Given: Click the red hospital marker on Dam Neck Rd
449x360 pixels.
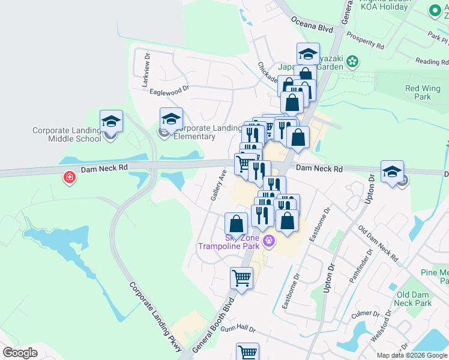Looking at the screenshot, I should coord(70,177).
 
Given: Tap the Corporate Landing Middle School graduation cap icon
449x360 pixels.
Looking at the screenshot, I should coord(112,121).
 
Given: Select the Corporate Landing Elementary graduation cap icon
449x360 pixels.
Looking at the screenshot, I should coord(171,118).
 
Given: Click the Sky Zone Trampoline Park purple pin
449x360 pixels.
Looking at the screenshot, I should coord(268,241).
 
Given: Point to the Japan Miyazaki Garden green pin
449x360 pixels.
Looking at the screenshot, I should coord(353,61).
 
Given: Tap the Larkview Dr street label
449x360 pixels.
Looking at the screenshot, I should coord(146,69).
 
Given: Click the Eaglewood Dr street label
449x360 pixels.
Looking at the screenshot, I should coord(169,89).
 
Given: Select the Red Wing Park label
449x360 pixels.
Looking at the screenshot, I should coord(423,92).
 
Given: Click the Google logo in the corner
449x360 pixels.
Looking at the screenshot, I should coord(20,353).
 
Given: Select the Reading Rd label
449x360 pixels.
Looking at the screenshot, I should coord(432,61).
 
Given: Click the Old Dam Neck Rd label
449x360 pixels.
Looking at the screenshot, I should coord(378,244).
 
